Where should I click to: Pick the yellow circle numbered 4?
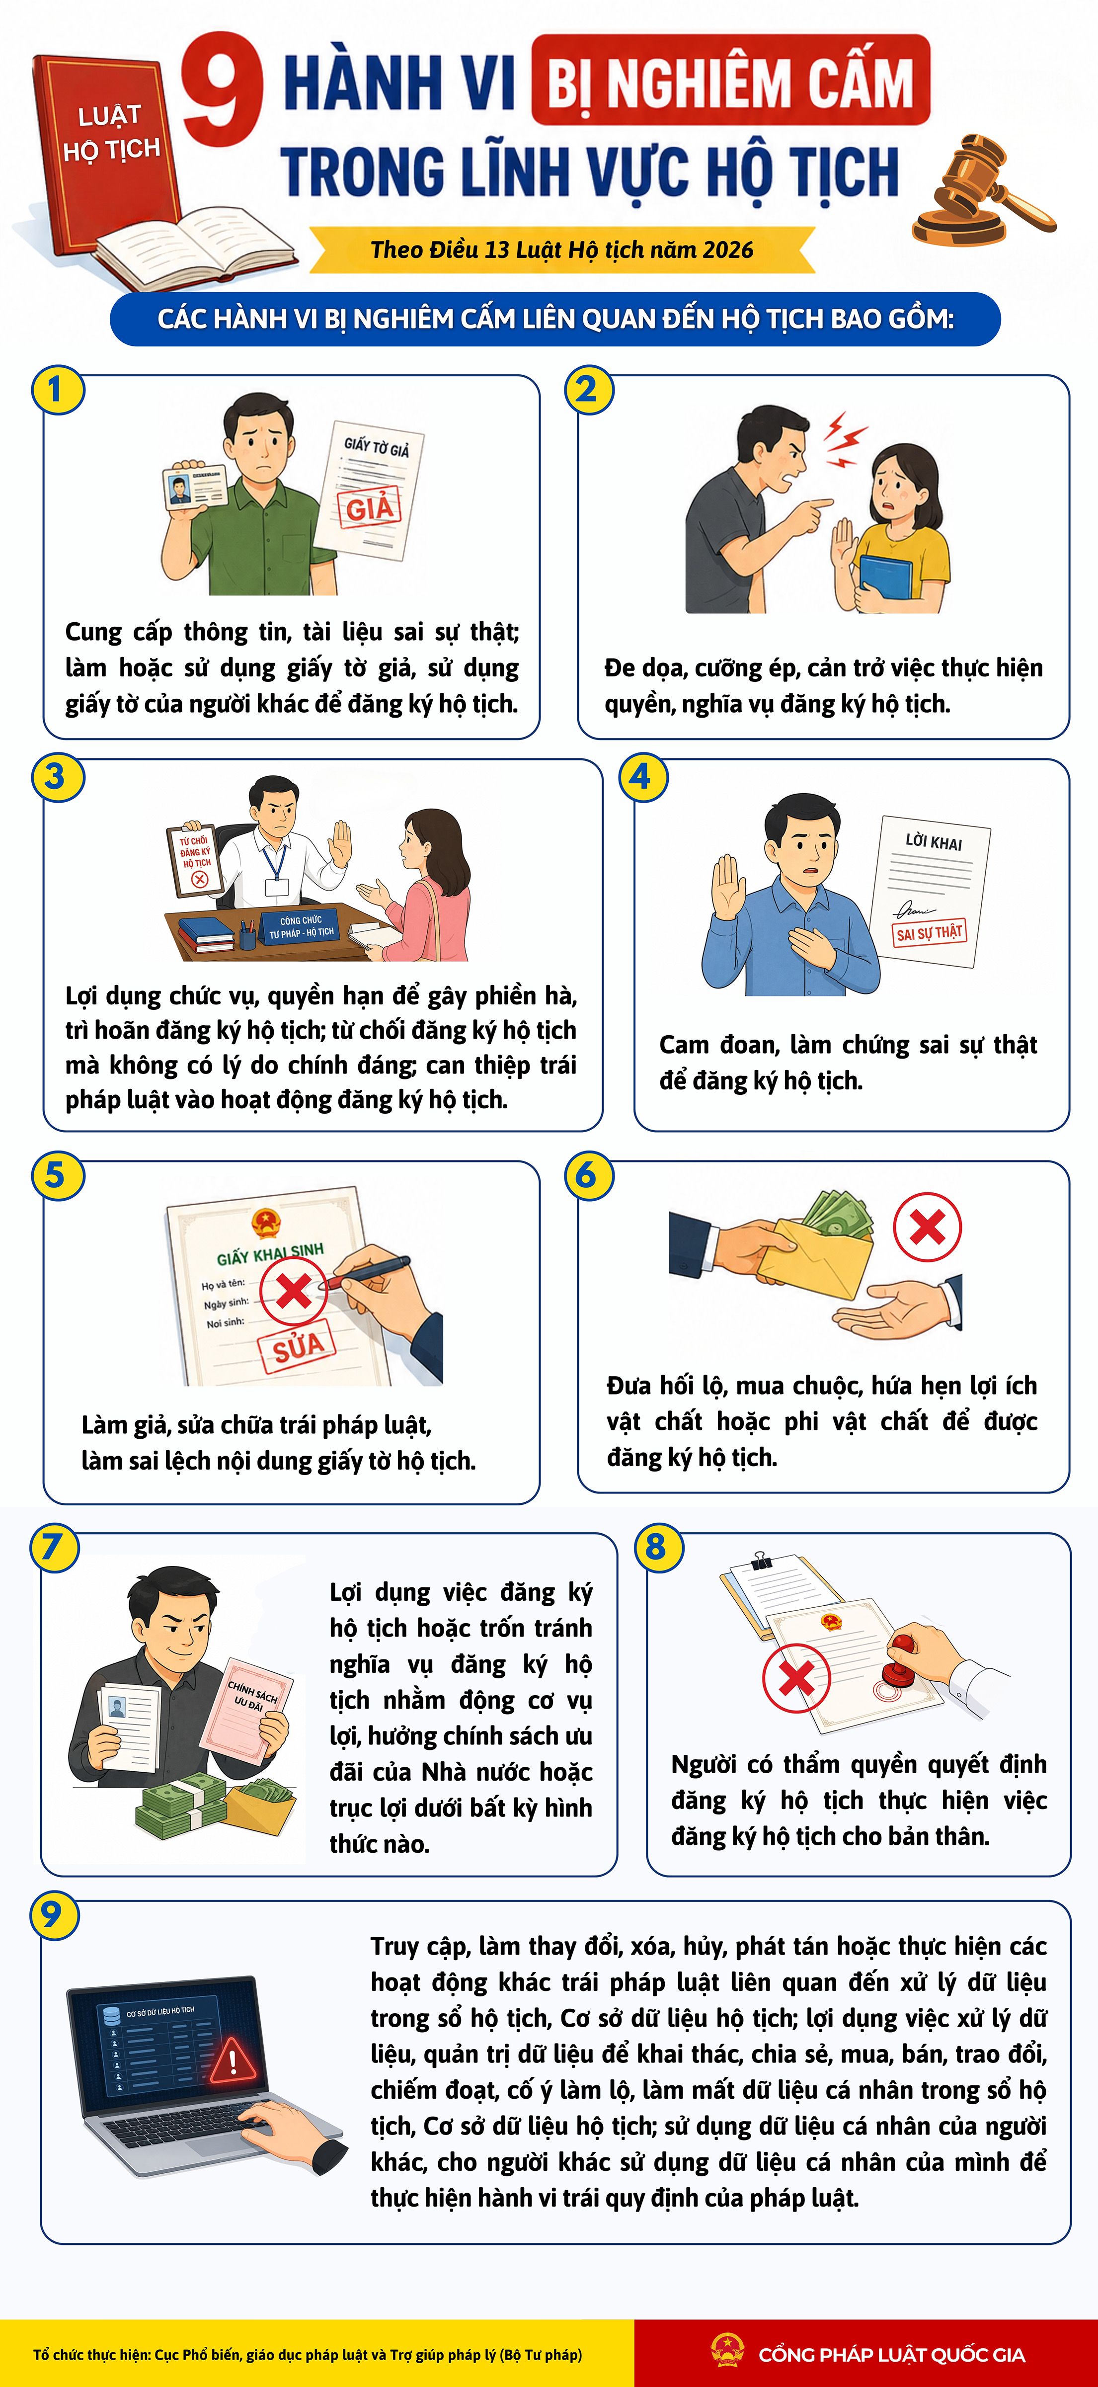[642, 776]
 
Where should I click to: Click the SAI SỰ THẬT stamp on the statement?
[929, 932]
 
